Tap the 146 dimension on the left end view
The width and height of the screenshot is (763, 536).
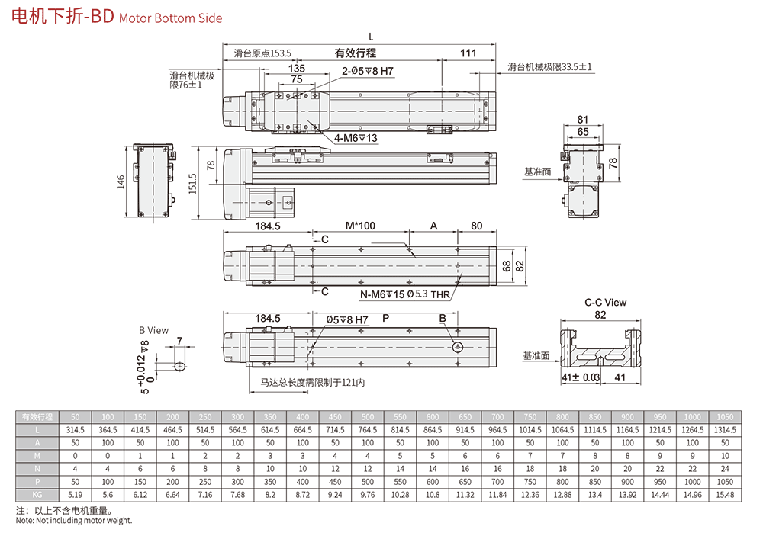(120, 181)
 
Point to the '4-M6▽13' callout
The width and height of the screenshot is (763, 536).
(356, 138)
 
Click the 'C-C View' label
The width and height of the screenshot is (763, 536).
(605, 303)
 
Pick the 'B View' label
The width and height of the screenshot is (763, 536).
(153, 330)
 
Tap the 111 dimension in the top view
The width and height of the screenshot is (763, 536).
(468, 53)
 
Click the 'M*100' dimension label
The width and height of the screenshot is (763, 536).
(360, 226)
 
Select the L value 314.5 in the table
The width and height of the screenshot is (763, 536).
(75, 430)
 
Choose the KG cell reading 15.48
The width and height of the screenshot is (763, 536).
(725, 495)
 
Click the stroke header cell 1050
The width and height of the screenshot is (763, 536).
(725, 417)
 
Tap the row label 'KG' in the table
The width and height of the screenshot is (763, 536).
(37, 495)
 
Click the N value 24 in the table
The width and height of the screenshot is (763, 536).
(725, 469)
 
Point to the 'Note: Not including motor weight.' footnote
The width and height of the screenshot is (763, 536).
(74, 521)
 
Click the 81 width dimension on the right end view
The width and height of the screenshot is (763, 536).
(583, 120)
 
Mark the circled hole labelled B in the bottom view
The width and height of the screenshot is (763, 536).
(457, 348)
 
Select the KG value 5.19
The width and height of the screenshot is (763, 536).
(75, 495)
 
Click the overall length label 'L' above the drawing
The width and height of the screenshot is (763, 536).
(371, 36)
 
